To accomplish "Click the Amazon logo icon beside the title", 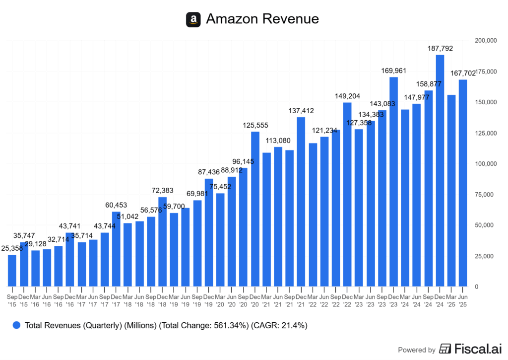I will (193, 19).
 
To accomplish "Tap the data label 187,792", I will (440, 48).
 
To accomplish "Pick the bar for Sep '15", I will (12, 270).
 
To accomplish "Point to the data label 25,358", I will (12, 248).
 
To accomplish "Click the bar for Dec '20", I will (255, 209).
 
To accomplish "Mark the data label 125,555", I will (255, 125).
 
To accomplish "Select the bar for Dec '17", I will (116, 249).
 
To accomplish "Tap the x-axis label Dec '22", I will (347, 300).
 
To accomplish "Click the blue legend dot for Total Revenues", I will (16, 325).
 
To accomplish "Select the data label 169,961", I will (393, 71).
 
